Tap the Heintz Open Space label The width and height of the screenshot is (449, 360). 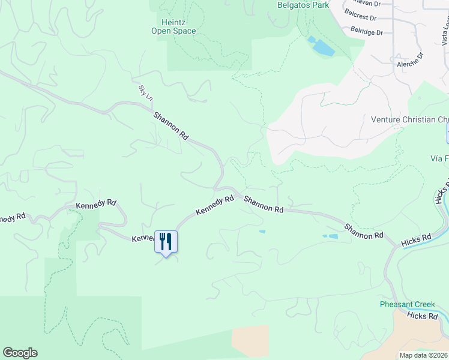tap(173, 26)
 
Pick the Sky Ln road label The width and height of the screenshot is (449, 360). tap(143, 91)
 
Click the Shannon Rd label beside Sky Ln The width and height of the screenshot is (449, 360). tap(171, 126)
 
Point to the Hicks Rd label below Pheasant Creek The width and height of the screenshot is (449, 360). tap(423, 316)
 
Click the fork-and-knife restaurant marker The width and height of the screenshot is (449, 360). tap(166, 241)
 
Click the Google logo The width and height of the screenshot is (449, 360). tap(20, 353)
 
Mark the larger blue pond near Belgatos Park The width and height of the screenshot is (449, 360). tap(324, 47)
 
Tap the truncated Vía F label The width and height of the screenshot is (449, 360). tap(439, 158)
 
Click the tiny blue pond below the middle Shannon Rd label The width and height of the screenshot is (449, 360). tap(262, 232)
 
